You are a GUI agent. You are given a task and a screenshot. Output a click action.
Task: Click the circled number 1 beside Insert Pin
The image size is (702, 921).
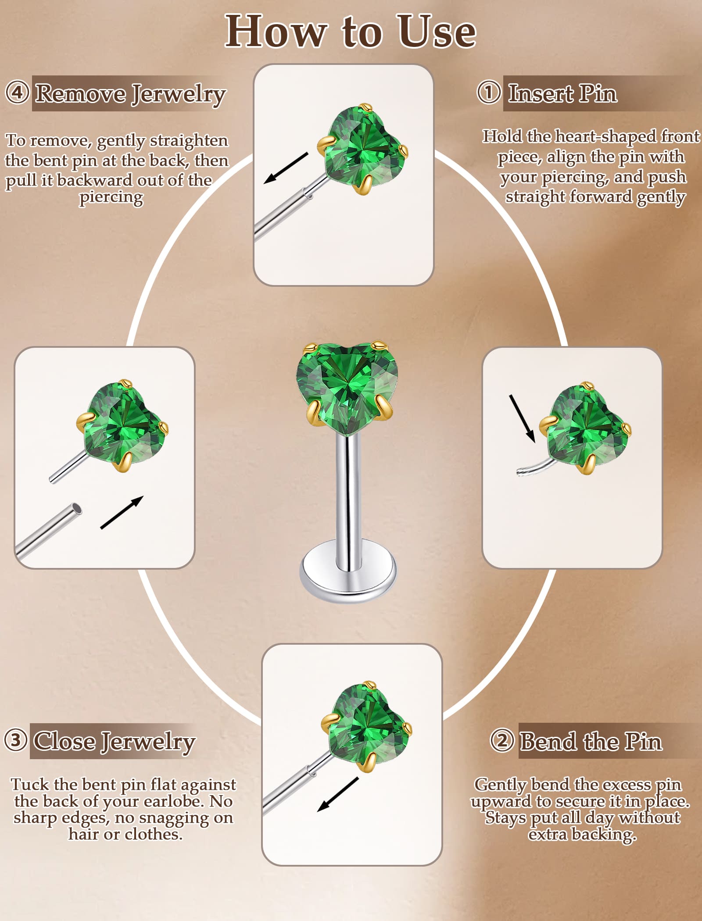click(489, 92)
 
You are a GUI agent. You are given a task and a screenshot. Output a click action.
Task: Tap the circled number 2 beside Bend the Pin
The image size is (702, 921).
click(502, 740)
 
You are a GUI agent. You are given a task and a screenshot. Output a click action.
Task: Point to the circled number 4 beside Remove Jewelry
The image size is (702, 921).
click(18, 93)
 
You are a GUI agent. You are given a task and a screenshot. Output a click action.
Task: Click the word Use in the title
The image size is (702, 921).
click(437, 32)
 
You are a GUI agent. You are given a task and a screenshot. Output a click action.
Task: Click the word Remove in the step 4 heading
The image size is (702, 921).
click(81, 93)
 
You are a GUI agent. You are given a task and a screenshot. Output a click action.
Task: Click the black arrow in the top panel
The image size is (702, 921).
click(286, 168)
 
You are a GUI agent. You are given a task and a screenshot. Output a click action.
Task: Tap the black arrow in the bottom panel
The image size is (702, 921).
click(338, 794)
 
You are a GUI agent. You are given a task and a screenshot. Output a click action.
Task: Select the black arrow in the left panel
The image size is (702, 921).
click(122, 512)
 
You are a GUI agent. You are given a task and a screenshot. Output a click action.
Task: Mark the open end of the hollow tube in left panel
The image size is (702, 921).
click(77, 509)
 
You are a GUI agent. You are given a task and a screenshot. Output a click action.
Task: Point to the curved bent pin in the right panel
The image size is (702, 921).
click(533, 466)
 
